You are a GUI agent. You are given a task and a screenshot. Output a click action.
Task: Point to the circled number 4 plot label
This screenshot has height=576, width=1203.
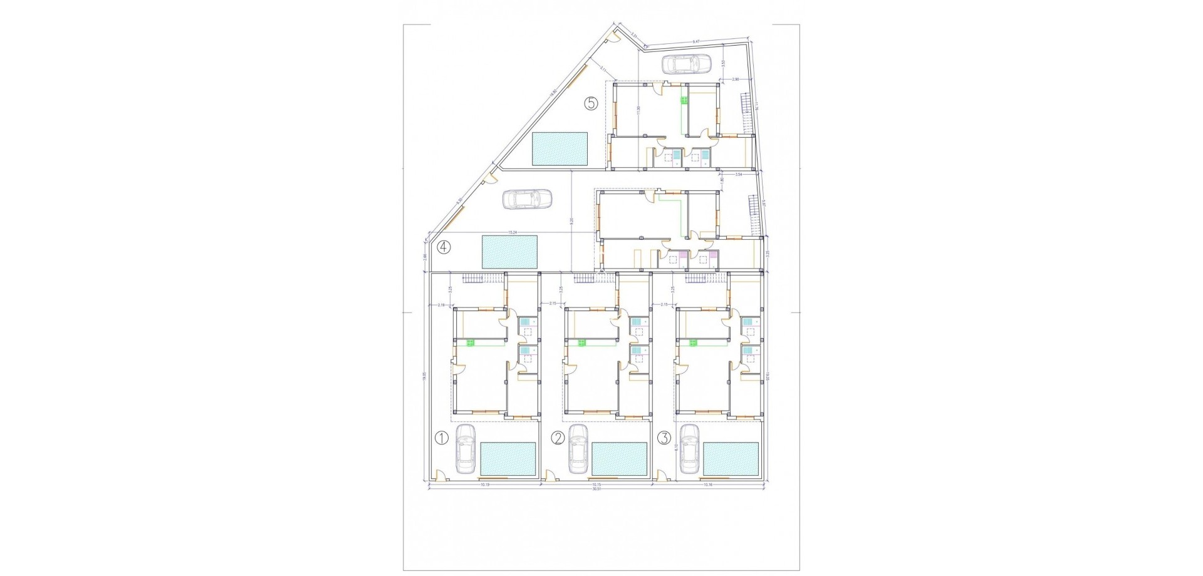coord(444,247)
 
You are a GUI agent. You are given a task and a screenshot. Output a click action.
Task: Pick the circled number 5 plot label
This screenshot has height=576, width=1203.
coord(591,104)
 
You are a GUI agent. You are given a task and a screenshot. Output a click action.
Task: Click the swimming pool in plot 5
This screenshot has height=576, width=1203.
coord(560,149)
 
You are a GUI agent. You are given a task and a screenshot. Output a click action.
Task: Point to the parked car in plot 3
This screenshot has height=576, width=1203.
coord(689,459)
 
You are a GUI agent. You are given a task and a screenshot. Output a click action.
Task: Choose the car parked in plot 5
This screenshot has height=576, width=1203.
coord(687,63)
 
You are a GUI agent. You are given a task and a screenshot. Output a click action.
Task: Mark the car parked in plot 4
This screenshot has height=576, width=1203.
coord(528,198)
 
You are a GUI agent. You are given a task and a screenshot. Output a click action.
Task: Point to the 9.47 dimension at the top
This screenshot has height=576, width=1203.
coord(695,41)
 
